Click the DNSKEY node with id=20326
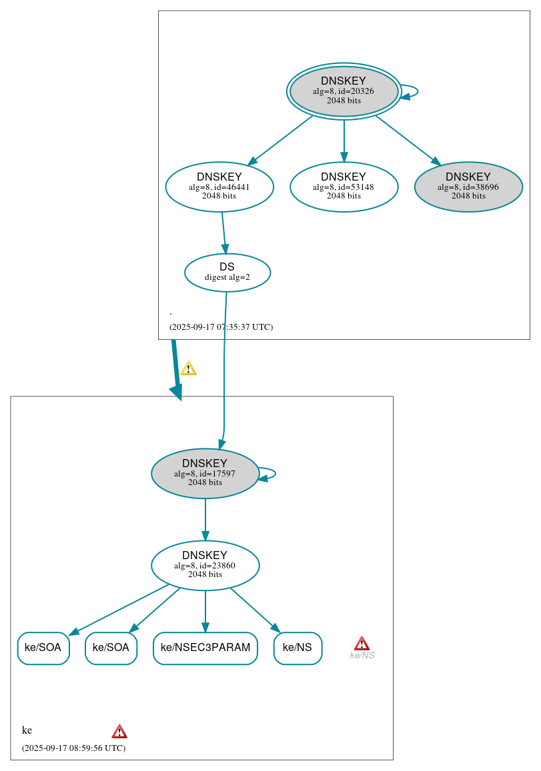coord(344,91)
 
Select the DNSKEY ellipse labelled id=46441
coord(219,187)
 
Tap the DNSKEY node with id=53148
coord(344,187)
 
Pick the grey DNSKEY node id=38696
coord(468,187)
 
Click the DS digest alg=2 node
coord(227,273)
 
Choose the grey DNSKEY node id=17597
coord(205,474)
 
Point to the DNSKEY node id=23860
coord(205,566)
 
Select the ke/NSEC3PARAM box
coord(205,648)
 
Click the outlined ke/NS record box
coord(298,648)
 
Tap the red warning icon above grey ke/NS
coord(362,643)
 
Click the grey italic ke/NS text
coord(362,656)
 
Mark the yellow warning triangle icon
coord(188,369)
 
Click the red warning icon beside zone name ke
coord(119,732)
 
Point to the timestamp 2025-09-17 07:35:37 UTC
coord(221,327)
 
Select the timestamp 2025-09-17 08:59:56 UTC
coord(73,748)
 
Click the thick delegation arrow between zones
coord(175,370)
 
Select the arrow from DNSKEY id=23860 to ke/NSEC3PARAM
coord(205,610)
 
